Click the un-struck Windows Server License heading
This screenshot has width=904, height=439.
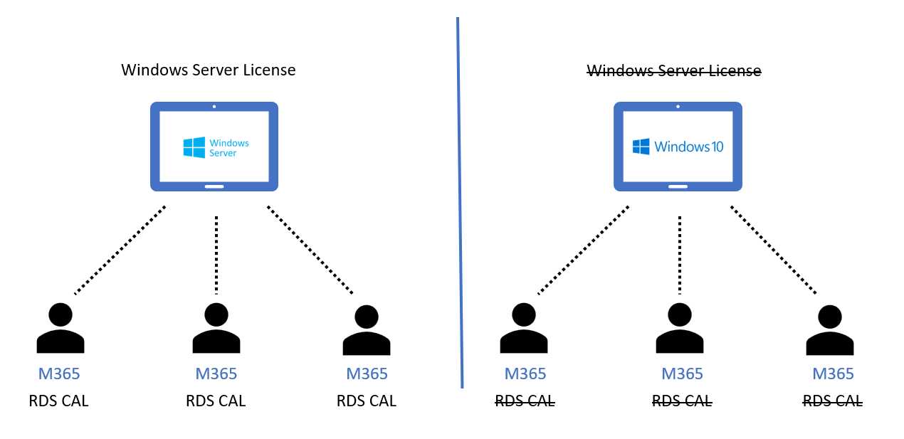coord(208,70)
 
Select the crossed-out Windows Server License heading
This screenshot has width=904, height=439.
coord(673,70)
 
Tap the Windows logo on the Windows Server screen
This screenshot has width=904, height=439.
coord(194,147)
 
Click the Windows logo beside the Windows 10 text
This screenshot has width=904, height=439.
coord(641,147)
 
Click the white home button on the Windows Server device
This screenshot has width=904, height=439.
coord(214,187)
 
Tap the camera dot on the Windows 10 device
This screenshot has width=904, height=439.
coord(678,107)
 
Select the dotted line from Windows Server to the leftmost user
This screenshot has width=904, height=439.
coord(120,250)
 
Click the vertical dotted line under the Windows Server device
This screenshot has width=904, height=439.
coord(216,254)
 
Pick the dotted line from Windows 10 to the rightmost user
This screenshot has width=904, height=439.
coord(773,250)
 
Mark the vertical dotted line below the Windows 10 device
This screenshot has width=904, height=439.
coord(680,254)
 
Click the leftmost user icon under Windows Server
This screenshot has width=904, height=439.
coord(60,329)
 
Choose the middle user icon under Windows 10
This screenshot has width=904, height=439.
coord(680,329)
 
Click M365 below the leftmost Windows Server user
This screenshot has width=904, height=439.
coord(59,374)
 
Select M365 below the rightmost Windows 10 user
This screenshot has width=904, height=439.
coord(833,374)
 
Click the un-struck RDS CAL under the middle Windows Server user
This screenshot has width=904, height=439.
coord(216,401)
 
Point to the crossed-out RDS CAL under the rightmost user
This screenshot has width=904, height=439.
coord(833,401)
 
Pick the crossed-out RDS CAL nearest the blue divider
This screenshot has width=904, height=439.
coord(525,401)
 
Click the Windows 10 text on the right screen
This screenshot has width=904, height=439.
coord(688,147)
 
